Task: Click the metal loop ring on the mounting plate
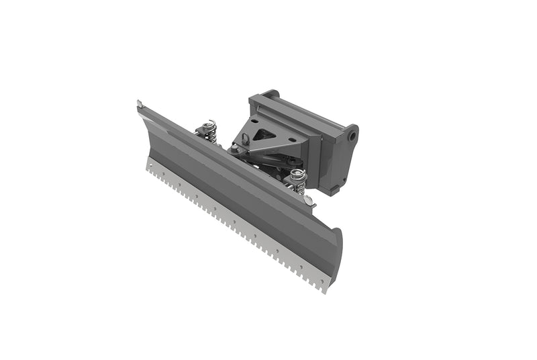pos(246,139)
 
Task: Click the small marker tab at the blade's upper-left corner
pos(139,103)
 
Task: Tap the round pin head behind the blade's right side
pos(307,200)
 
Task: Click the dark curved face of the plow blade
pos(235,181)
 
